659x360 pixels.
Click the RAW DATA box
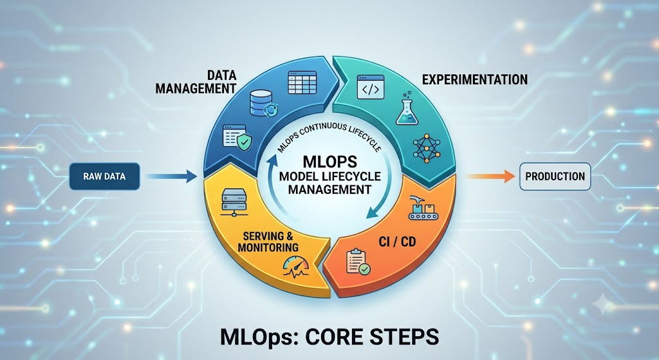[x=104, y=176]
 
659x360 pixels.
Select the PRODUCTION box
[x=555, y=176]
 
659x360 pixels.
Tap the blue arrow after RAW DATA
[x=171, y=176]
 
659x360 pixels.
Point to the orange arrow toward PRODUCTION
[x=490, y=176]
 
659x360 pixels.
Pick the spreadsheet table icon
[x=302, y=82]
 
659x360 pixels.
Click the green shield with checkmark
[x=244, y=142]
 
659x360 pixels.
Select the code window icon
[x=370, y=87]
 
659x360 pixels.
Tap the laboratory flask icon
[x=407, y=108]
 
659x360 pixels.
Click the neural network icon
[x=426, y=149]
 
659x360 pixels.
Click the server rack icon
[x=234, y=202]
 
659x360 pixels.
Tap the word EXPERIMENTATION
[x=475, y=79]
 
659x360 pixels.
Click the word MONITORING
[x=268, y=247]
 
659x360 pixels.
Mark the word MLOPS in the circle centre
[x=330, y=162]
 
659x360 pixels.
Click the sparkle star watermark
[x=603, y=303]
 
